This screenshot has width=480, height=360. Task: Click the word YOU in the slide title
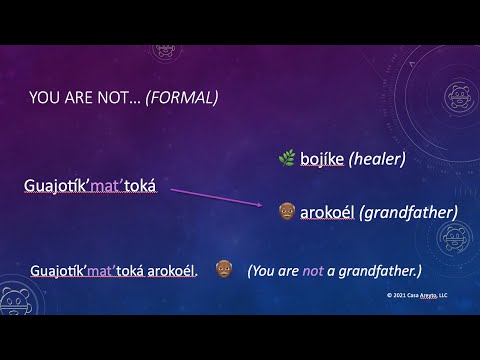point(45,98)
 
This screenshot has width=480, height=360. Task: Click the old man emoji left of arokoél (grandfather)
point(287,212)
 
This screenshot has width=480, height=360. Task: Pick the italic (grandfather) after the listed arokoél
point(410,212)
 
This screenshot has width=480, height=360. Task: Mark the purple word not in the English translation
point(315,270)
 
